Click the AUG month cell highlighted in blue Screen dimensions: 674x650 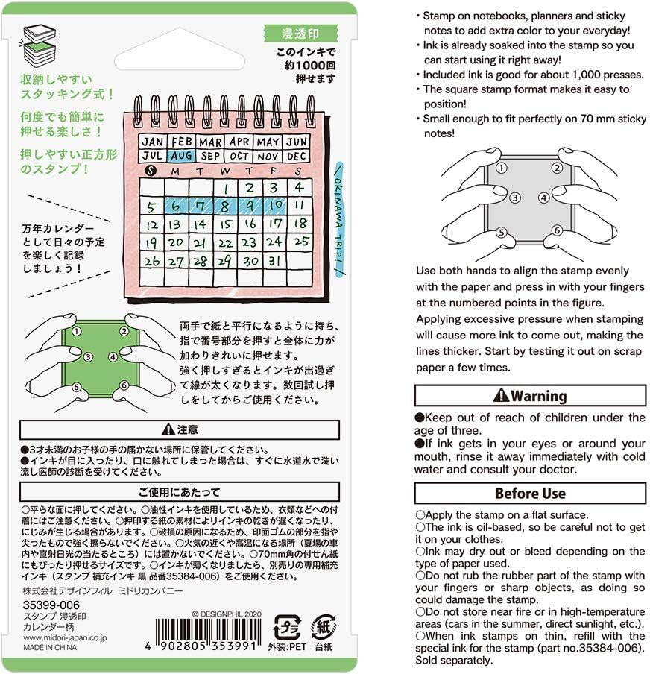coord(181,157)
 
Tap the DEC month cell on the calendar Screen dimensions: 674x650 coord(297,157)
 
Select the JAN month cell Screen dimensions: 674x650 coord(153,142)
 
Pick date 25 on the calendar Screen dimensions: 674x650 coord(300,242)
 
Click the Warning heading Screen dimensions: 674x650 coord(530,396)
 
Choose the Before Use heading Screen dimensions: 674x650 coord(530,494)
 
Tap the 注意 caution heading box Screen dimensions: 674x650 coord(179,429)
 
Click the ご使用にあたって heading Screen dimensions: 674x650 coord(179,492)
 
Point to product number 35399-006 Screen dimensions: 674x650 coord(51,605)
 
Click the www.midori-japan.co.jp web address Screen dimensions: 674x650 coord(65,638)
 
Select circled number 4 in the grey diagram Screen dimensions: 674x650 coord(544,198)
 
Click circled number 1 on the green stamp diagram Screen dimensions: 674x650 coord(77,331)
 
